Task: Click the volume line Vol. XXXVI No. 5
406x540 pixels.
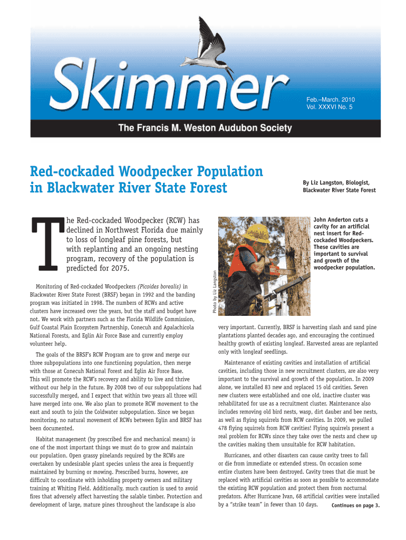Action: tap(330, 107)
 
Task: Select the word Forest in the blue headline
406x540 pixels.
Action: tap(204, 188)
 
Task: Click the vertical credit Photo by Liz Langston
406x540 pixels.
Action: tap(214, 293)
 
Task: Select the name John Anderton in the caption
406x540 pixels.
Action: tap(336, 220)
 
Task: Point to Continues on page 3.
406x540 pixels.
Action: tap(355, 506)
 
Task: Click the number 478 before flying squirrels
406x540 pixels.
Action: tap(224, 428)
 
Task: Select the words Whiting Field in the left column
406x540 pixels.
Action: tap(69, 488)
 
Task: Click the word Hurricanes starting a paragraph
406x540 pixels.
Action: tap(239, 455)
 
